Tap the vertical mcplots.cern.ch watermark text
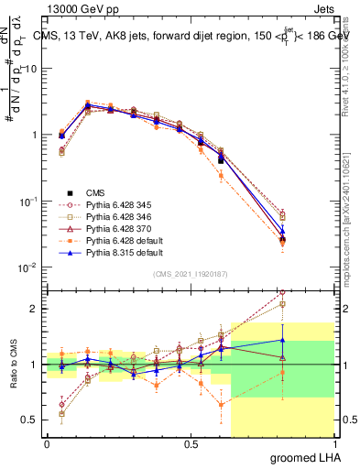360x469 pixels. [x=352, y=220]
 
